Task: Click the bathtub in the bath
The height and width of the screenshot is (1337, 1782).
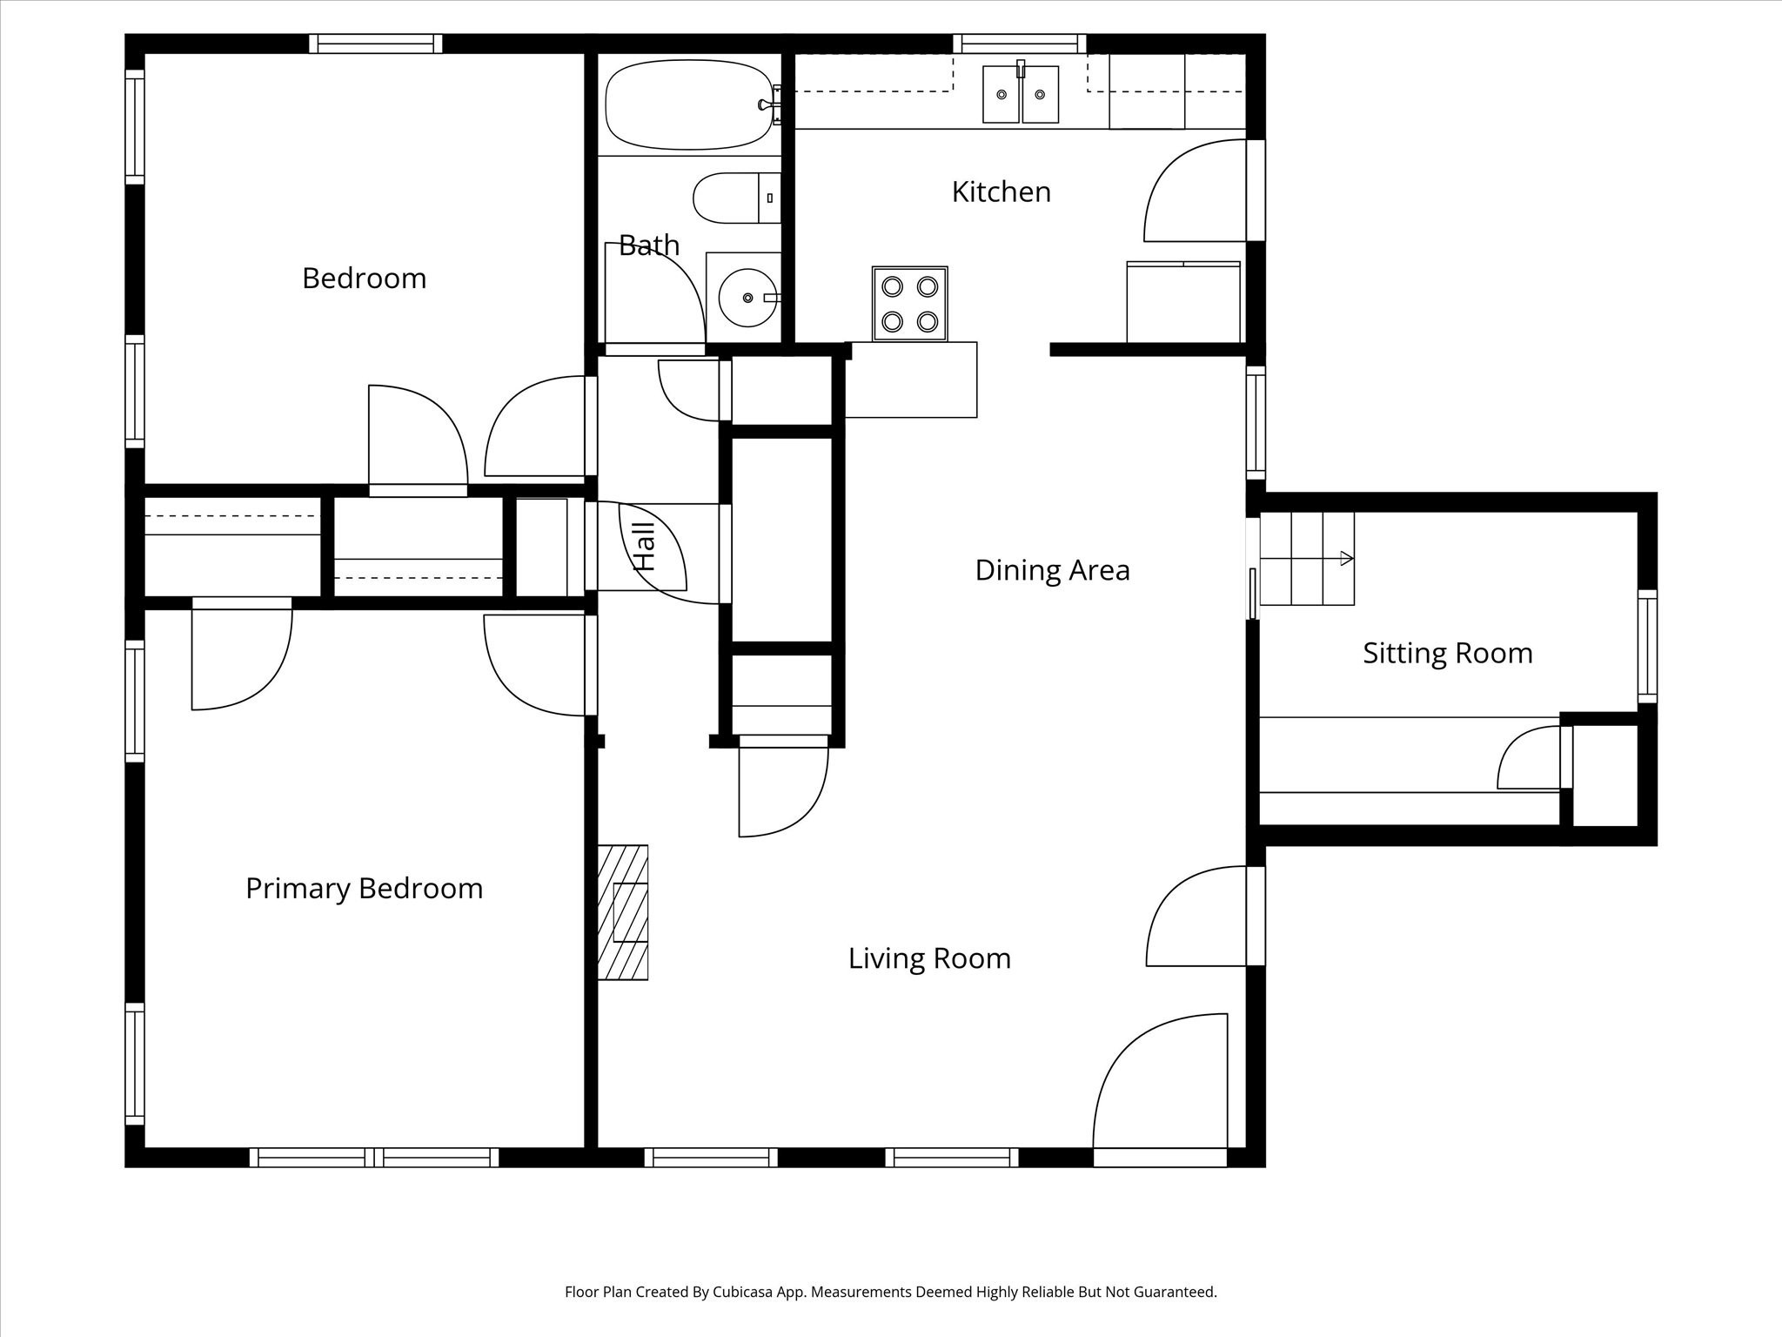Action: [689, 104]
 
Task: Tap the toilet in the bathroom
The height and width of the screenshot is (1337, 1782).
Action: [736, 198]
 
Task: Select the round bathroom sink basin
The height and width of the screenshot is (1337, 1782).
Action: [747, 298]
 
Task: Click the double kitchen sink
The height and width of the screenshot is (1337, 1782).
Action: [1021, 93]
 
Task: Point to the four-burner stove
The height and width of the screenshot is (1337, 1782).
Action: [909, 304]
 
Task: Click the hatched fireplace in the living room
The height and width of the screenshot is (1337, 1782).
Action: [623, 912]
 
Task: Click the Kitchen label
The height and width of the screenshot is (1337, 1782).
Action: [1001, 191]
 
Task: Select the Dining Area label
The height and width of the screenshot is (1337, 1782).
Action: [1052, 570]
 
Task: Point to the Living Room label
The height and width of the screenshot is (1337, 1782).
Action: [929, 958]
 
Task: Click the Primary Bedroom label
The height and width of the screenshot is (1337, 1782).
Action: [364, 889]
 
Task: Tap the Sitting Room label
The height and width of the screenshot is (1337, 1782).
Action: [1447, 654]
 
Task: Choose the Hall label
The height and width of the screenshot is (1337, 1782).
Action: [644, 547]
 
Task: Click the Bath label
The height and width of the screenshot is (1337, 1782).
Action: [649, 245]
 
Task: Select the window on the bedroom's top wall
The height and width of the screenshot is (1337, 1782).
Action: [376, 44]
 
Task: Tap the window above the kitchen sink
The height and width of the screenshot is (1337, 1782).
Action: [1020, 44]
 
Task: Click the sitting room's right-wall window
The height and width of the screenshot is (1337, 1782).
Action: [1647, 646]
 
